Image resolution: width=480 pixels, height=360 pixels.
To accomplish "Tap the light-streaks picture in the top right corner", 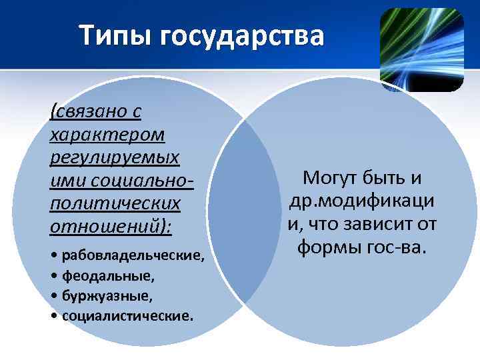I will [421, 49].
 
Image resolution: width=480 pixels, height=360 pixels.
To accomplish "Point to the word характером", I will [107, 134].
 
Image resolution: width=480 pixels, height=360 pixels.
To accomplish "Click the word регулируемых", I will [114, 158].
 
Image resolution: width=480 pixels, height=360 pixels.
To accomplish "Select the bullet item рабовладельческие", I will [133, 257].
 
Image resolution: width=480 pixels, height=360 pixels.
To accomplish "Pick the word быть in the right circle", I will [384, 178].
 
